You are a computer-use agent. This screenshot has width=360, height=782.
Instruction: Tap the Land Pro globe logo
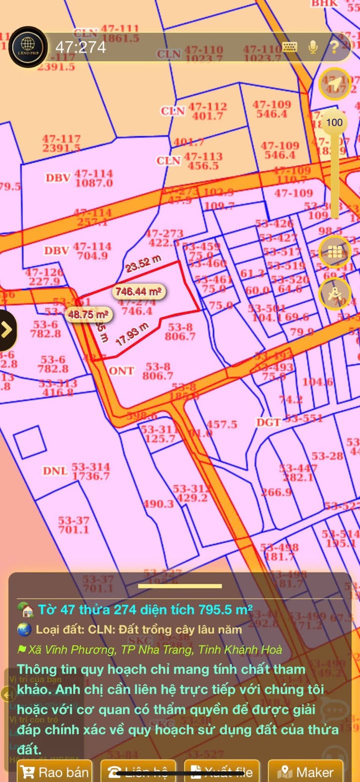28,47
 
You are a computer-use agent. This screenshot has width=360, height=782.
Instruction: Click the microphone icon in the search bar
313,47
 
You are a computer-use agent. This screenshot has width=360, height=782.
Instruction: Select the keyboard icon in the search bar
290,47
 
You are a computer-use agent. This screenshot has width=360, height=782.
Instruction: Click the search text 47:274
80,47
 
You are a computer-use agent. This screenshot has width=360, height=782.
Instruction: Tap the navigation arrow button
334,83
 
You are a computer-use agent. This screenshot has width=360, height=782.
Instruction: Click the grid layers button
334,251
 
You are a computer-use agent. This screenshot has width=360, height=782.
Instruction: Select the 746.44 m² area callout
139,291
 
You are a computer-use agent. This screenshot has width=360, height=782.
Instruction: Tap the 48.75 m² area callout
89,314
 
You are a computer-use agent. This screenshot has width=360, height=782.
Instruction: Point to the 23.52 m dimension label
143,263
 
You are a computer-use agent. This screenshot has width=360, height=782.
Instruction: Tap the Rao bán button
55,772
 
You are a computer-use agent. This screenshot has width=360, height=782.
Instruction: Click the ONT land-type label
121,370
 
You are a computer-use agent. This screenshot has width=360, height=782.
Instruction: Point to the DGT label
268,423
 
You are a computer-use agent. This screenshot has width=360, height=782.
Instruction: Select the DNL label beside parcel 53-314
54,471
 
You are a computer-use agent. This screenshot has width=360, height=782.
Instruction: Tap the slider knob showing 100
334,122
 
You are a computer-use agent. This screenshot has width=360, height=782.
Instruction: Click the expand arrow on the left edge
7,329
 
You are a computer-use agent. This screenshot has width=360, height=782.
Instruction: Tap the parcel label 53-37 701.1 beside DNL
73,525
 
